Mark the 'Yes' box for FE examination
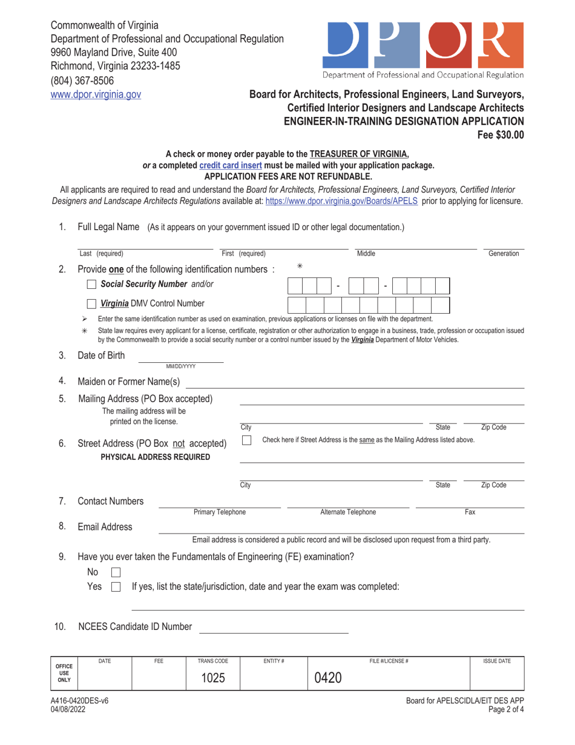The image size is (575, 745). [x=116, y=586]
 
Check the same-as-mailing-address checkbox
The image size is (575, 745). [x=247, y=440]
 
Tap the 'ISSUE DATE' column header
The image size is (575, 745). [x=496, y=661]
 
